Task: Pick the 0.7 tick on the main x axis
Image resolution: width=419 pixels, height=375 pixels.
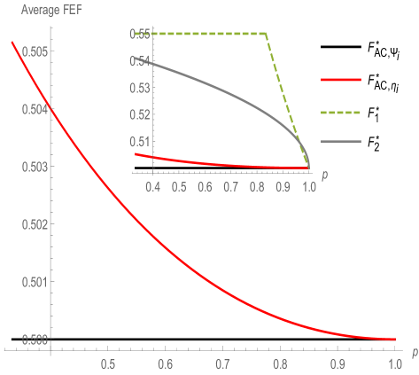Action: tap(222, 364)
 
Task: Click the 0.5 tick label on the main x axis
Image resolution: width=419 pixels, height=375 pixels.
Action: tap(108, 364)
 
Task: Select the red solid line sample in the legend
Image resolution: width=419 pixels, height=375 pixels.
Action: tap(341, 80)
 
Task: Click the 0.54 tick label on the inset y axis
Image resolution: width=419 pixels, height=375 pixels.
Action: tap(139, 61)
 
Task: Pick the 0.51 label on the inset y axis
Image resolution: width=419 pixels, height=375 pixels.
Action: tap(139, 142)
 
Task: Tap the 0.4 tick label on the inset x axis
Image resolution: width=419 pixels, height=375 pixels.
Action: tap(152, 187)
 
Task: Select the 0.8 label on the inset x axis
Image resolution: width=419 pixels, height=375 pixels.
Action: tap(257, 187)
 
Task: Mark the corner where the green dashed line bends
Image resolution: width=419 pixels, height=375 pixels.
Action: tap(266, 34)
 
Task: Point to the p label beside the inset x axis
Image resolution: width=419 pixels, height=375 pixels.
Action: tap(324, 176)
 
